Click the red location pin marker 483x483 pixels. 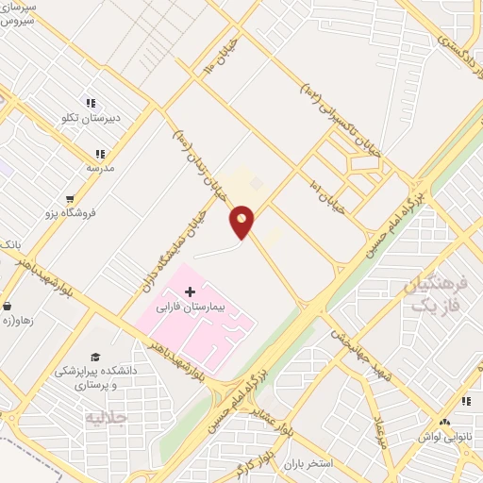(242, 222)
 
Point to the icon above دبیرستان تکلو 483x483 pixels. (92, 104)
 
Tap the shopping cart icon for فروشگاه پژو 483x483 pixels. (69, 199)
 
